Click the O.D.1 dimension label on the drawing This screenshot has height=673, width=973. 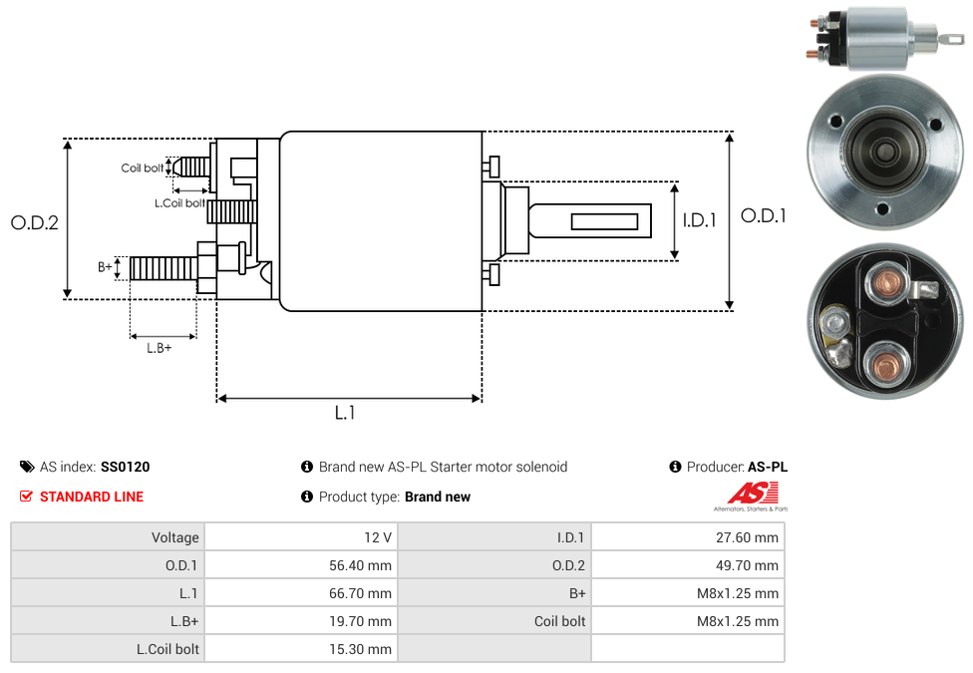click(x=763, y=215)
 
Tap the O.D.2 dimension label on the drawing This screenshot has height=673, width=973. click(x=35, y=223)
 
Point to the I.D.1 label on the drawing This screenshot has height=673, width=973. click(x=700, y=220)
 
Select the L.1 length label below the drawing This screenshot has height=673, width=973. click(x=345, y=412)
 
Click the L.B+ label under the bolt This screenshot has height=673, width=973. click(x=160, y=348)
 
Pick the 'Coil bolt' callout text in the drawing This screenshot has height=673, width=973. click(x=143, y=168)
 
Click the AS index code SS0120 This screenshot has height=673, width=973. click(x=126, y=467)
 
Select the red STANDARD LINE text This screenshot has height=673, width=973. click(x=92, y=497)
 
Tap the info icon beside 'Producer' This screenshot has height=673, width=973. click(x=676, y=467)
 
